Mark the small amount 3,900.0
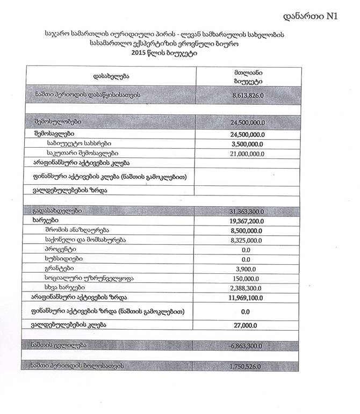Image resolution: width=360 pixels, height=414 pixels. [x=247, y=268]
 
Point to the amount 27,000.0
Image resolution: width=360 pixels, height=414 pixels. [x=247, y=325]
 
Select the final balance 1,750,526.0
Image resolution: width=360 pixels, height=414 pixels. [x=244, y=366]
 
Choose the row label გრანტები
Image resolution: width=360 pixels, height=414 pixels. [x=60, y=268]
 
